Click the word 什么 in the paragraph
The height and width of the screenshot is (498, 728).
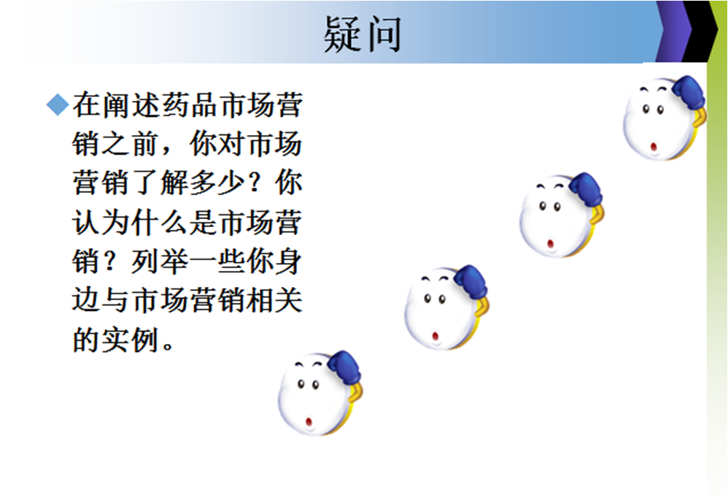tap(158, 224)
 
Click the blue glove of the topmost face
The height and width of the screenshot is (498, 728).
tap(687, 93)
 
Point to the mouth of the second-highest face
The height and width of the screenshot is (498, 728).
tap(551, 242)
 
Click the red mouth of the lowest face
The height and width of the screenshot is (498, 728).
tap(309, 421)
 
